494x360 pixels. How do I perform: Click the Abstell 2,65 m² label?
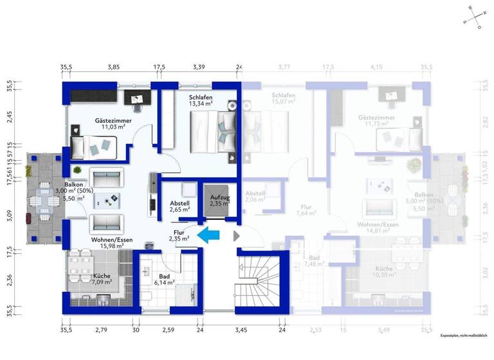pos(179,204)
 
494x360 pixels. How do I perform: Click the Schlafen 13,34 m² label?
pos(201,100)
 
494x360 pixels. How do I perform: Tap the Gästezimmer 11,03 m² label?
pos(113,123)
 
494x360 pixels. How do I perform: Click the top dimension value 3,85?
pos(114,67)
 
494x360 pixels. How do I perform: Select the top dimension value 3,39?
pos(199,67)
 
